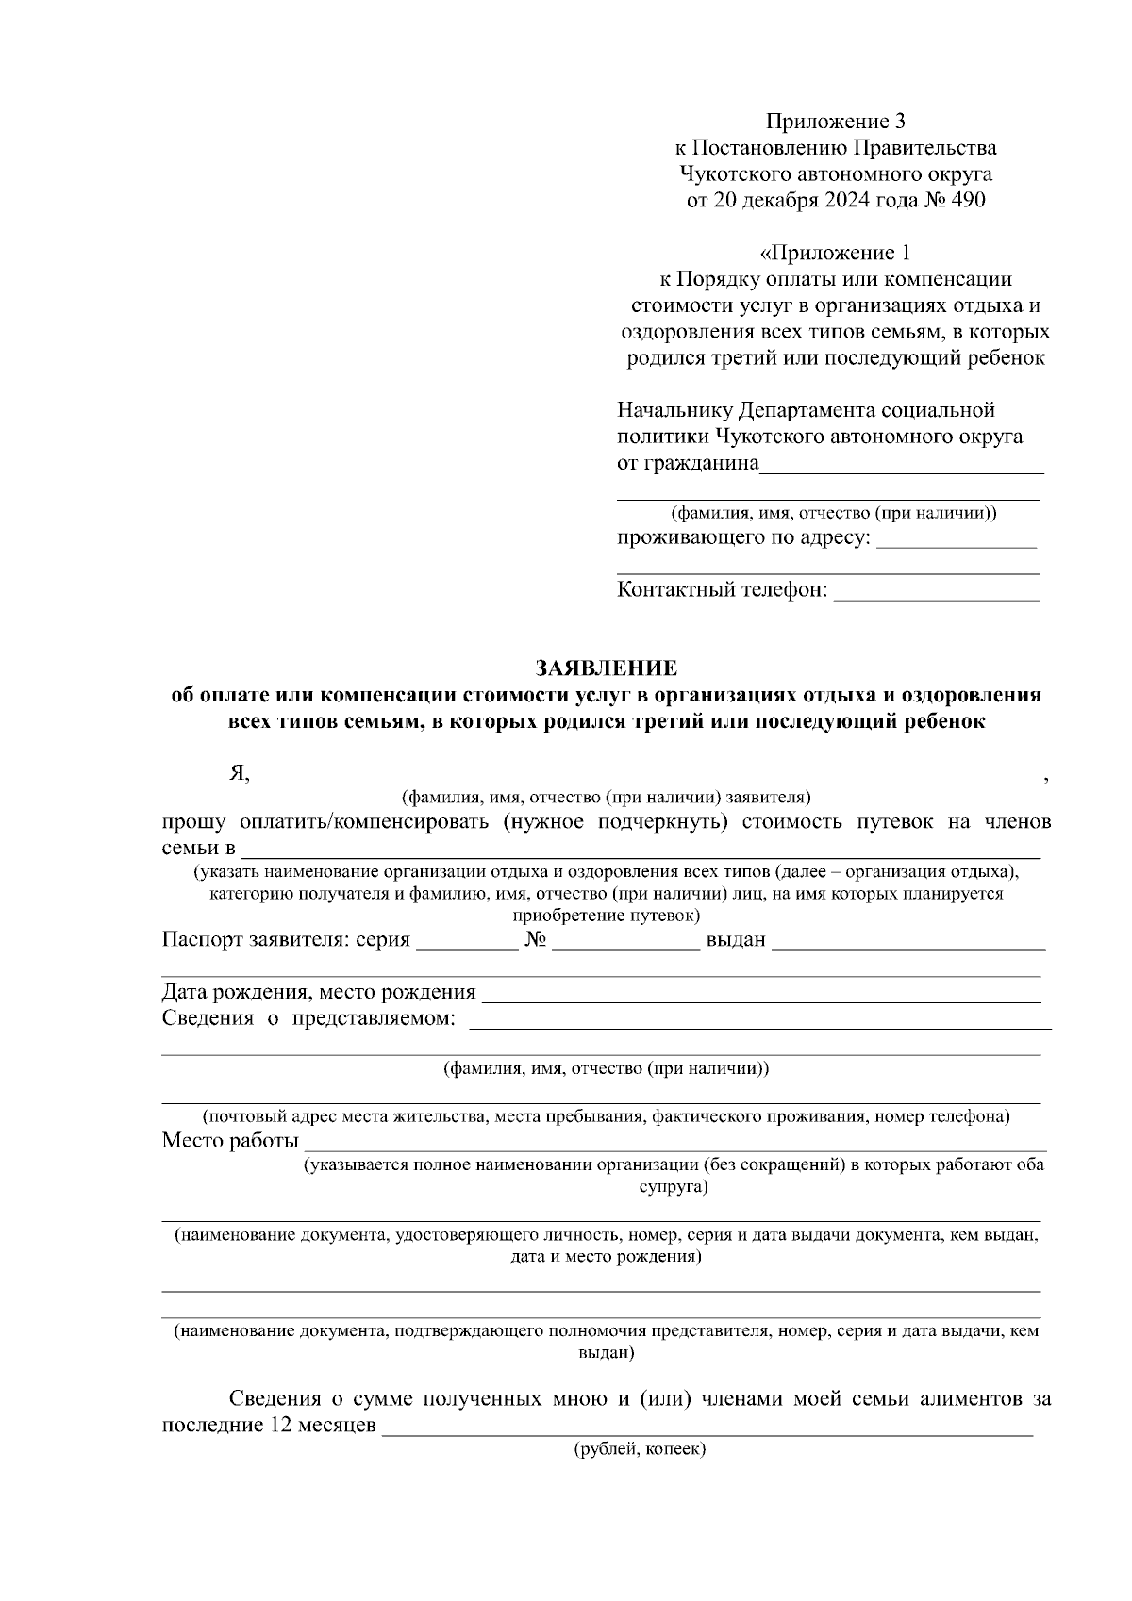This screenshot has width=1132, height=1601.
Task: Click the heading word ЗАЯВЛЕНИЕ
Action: pyautogui.click(x=607, y=668)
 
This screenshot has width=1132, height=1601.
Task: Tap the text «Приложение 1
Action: pyautogui.click(x=835, y=253)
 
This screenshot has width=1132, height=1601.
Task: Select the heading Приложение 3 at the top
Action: pyautogui.click(x=835, y=122)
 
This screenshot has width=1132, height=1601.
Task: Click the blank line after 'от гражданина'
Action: pyautogui.click(x=902, y=466)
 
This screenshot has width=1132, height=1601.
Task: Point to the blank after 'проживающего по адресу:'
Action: pyautogui.click(x=957, y=541)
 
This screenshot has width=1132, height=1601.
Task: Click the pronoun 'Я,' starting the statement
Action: pyautogui.click(x=239, y=774)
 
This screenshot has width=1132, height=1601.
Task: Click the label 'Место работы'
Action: pyautogui.click(x=229, y=1141)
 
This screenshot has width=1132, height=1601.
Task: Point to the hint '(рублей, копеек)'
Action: pyautogui.click(x=640, y=1450)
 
